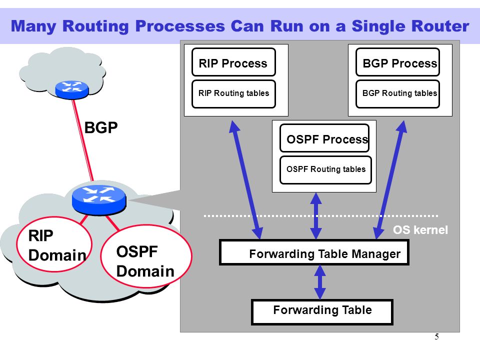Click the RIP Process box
pyautogui.click(x=233, y=62)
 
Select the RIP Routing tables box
pyautogui.click(x=233, y=94)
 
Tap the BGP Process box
pyautogui.click(x=397, y=62)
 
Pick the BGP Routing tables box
pyautogui.click(x=397, y=94)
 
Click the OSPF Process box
pyautogui.click(x=324, y=138)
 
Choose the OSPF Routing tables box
pyautogui.click(x=325, y=170)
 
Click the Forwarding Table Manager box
pyautogui.click(x=314, y=252)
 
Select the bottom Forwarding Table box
pyautogui.click(x=322, y=312)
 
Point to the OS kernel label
pyautogui.click(x=420, y=230)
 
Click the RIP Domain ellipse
pyautogui.click(x=54, y=244)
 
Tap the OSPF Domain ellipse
pyautogui.click(x=146, y=256)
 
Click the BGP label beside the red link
pyautogui.click(x=100, y=127)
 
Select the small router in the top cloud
pyautogui.click(x=72, y=89)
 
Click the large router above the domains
pyautogui.click(x=99, y=199)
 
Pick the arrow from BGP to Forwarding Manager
pyautogui.click(x=390, y=179)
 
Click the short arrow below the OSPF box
pyautogui.click(x=316, y=216)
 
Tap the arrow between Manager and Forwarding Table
pyautogui.click(x=320, y=282)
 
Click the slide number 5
pyautogui.click(x=436, y=336)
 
